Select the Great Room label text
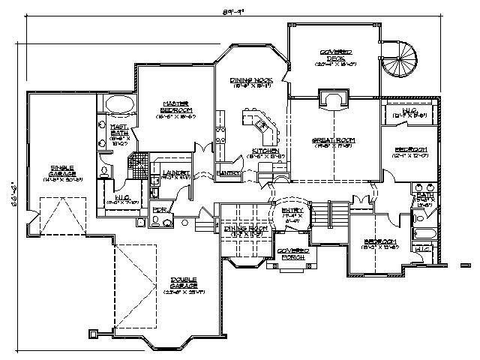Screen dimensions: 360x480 coord(333,140)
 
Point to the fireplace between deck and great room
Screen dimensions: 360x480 coord(332,100)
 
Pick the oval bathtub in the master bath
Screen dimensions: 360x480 coord(120,103)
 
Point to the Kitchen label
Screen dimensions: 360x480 coord(265,151)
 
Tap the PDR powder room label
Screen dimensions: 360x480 coord(159,211)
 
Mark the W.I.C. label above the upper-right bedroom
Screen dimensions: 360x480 coord(410,113)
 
